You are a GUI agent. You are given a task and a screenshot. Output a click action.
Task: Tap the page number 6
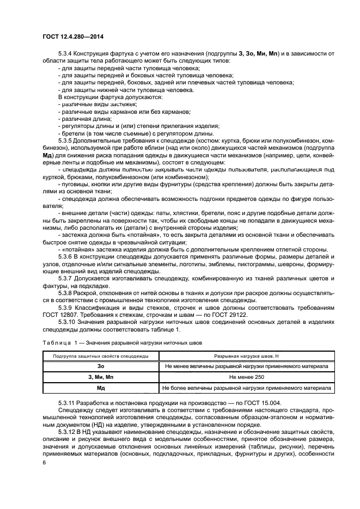pyautogui.click(x=44, y=462)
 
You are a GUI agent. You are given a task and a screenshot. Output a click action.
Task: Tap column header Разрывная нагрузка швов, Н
pyautogui.click(x=246, y=356)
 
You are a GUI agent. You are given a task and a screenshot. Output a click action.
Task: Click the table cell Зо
pyautogui.click(x=100, y=366)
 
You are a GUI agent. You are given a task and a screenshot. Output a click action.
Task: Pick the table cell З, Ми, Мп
pyautogui.click(x=100, y=377)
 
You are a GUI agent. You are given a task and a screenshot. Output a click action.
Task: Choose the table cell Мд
pyautogui.click(x=100, y=388)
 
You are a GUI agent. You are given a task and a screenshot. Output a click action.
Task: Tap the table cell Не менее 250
pyautogui.click(x=246, y=377)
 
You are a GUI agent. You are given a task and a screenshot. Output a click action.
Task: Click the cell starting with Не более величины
pyautogui.click(x=246, y=388)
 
